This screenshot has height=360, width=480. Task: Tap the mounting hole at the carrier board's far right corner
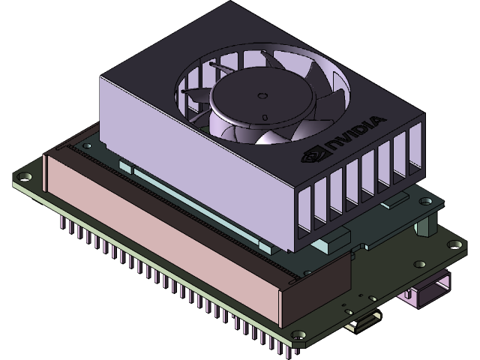click(454, 244)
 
